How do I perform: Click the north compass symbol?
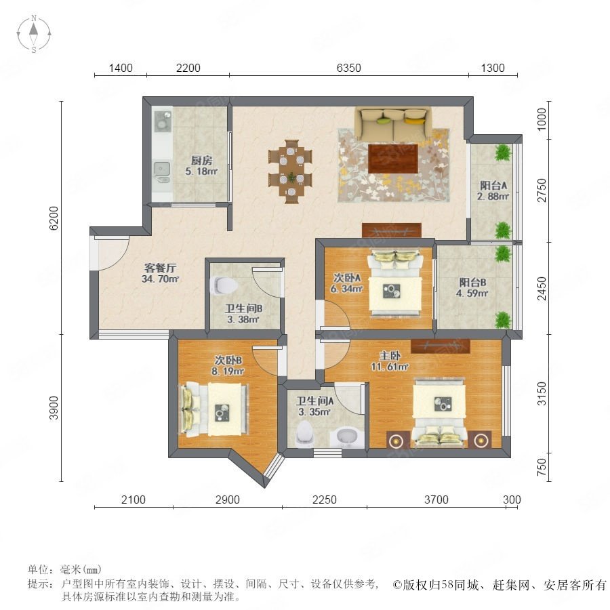[x=34, y=33]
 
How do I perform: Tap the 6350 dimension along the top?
[x=348, y=68]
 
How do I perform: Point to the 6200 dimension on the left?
[x=54, y=218]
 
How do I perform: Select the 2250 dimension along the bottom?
[x=325, y=500]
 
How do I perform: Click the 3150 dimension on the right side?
[x=542, y=393]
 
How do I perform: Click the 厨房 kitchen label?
[x=201, y=160]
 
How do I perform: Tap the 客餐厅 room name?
[x=160, y=268]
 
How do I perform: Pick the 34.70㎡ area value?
[x=160, y=279]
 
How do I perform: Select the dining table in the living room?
[x=291, y=171]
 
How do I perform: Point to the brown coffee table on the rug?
[x=393, y=159]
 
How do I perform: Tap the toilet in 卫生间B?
[x=223, y=285]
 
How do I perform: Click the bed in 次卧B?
[x=214, y=409]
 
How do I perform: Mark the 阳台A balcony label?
[x=493, y=185]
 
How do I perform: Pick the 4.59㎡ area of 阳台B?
[x=472, y=293]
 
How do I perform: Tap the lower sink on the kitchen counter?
[x=161, y=169]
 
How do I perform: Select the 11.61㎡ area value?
[x=390, y=367]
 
